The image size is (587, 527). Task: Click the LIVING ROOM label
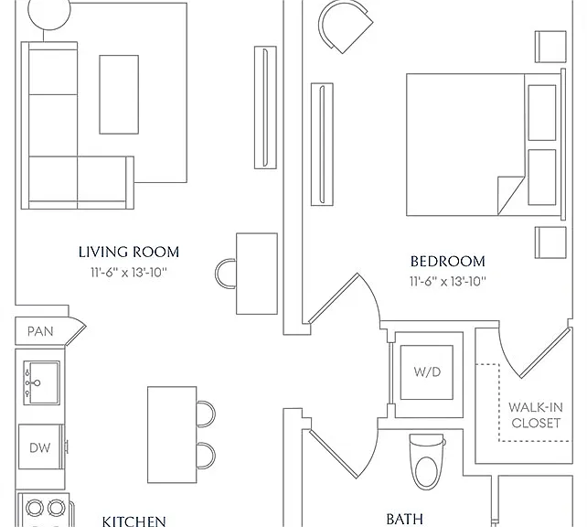129,253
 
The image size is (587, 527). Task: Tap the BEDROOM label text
448,262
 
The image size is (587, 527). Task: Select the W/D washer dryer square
427,372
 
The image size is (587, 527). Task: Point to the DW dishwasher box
40,446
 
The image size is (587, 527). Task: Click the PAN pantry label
40,331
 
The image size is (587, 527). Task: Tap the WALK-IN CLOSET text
536,415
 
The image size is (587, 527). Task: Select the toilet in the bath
427,461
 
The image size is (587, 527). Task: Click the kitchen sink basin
41,382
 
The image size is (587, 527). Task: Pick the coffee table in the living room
119,94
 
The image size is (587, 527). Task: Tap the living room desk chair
225,274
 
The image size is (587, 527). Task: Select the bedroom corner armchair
346,27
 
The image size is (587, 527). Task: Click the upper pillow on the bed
541,113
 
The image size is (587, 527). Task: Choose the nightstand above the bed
550,47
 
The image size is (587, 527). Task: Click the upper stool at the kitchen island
206,414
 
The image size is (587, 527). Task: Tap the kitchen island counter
172,435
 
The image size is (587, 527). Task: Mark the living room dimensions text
128,273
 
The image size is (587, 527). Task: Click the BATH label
405,520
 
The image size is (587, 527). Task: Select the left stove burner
35,508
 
